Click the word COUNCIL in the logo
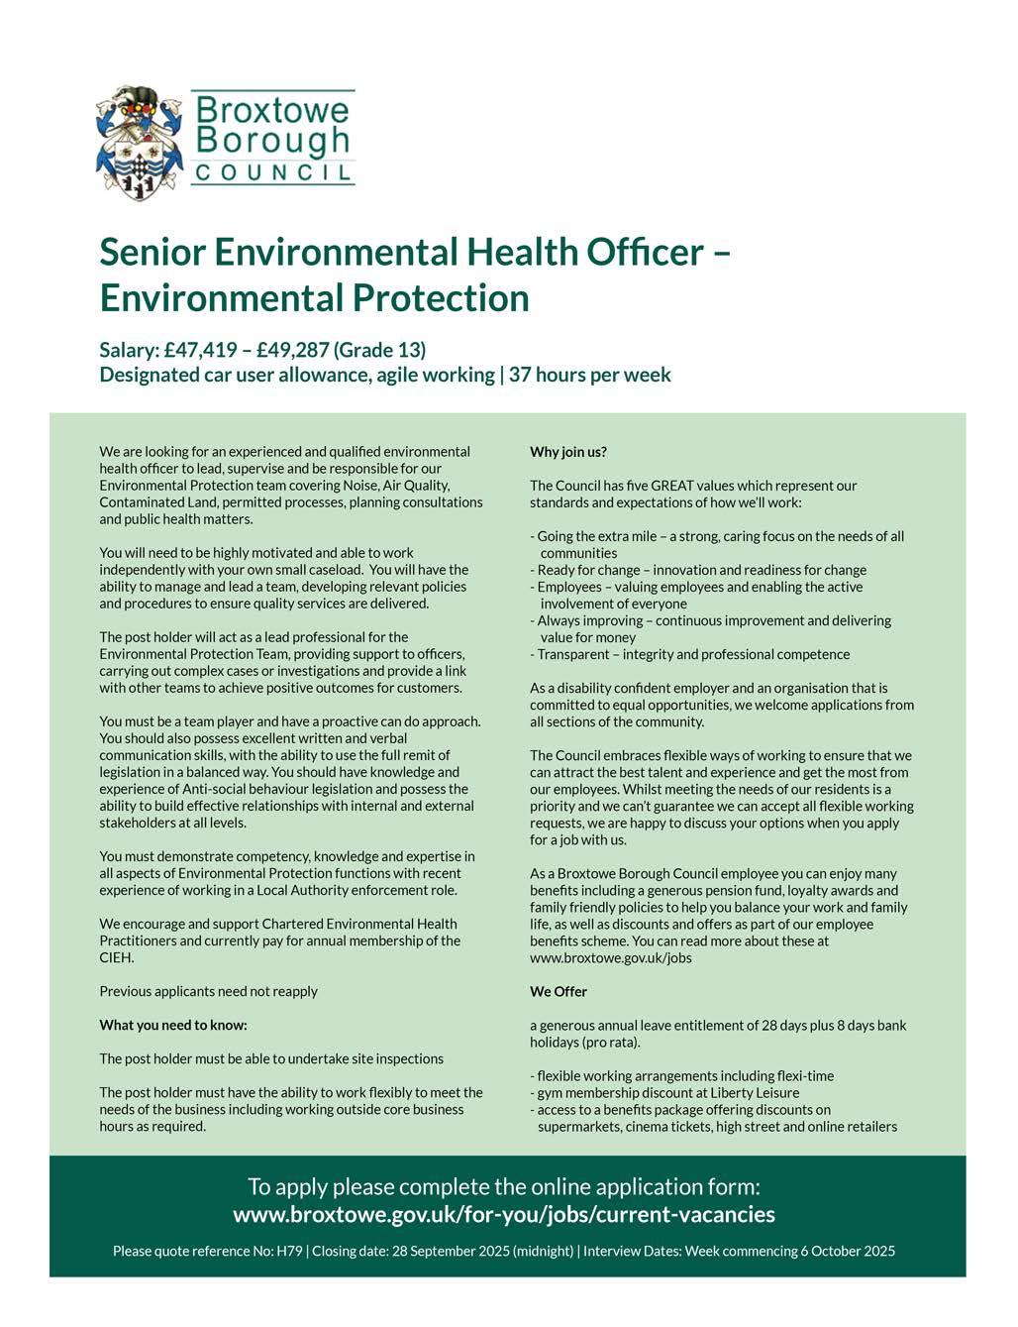272,172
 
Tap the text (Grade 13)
380,350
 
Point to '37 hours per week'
590,375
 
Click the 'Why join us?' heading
568,452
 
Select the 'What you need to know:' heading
173,1025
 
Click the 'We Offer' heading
559,991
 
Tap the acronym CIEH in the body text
117,958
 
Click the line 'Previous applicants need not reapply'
209,991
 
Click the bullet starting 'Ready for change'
698,570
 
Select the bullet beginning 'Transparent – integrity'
690,654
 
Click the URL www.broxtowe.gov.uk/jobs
611,957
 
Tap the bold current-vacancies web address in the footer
504,1214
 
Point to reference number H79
289,1251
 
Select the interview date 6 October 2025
847,1251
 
